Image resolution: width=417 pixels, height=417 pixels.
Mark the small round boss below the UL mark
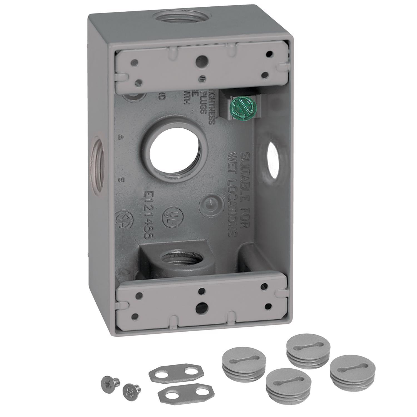click(210, 206)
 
